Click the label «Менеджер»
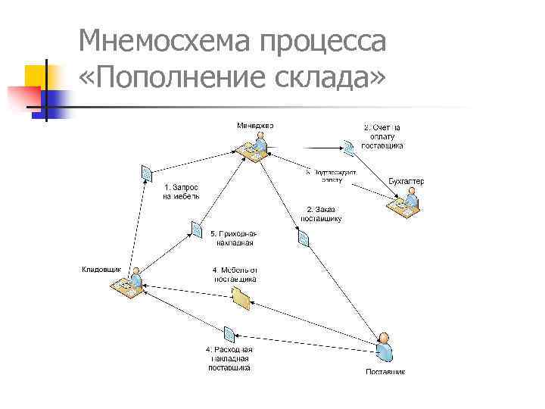[255, 124]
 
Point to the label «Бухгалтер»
[406, 181]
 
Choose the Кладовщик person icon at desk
[128, 285]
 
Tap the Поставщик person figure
[385, 348]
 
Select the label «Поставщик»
[385, 372]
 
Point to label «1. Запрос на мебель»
[182, 191]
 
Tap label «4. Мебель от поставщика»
[235, 273]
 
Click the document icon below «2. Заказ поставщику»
[304, 239]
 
